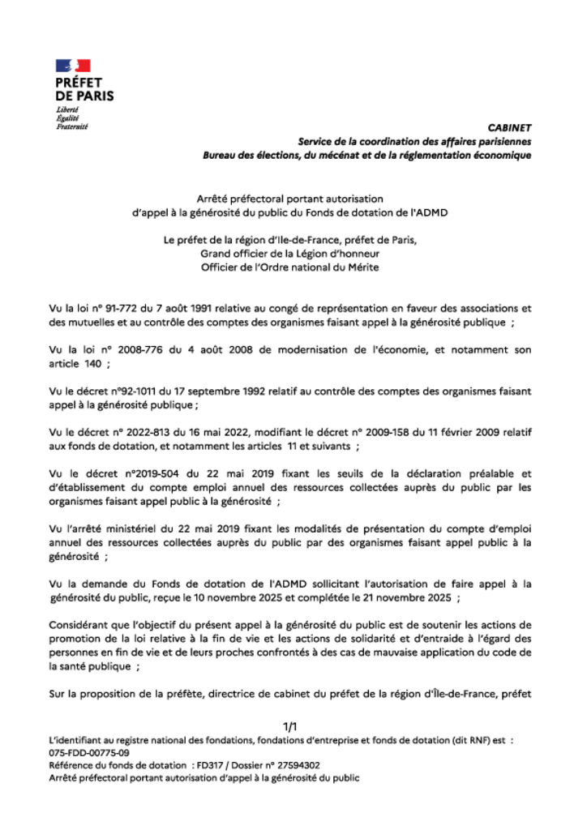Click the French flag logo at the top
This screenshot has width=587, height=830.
[x=73, y=66]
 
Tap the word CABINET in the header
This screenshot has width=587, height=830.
[x=509, y=127]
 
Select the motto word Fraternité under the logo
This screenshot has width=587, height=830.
[x=71, y=126]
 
